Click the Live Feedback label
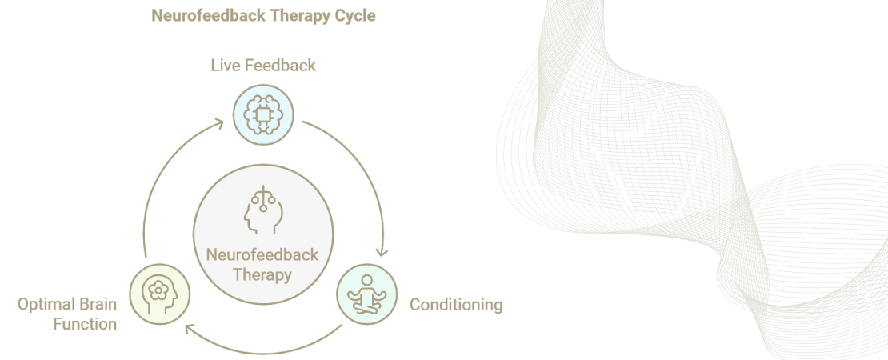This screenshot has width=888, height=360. tap(263, 65)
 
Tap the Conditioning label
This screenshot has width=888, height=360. tap(456, 305)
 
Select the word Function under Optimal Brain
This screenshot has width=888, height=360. tap(85, 324)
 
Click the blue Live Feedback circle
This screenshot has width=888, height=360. tap(263, 114)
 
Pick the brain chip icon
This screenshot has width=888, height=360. tap(263, 114)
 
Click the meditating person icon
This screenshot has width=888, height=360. tap(366, 294)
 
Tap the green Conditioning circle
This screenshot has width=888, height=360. tap(366, 294)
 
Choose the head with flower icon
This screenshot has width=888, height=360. tap(159, 294)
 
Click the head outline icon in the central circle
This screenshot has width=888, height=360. tap(262, 210)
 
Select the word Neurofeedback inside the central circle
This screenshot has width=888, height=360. tap(262, 255)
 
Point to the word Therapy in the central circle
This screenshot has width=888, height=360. tap(262, 274)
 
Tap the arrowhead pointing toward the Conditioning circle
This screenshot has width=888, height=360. tap(382, 251)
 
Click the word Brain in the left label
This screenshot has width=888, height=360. tap(97, 305)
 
